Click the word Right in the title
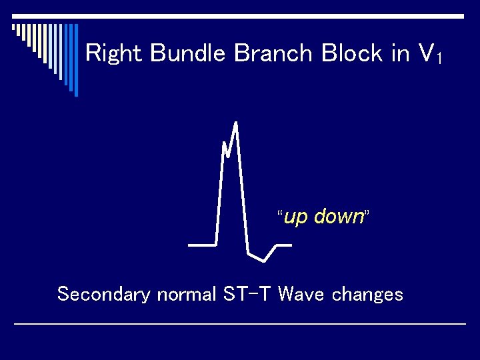click(x=115, y=54)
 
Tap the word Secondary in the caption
click(x=103, y=294)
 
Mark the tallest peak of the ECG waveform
click(x=236, y=123)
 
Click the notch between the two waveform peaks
click(x=228, y=156)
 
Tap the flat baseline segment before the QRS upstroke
click(x=202, y=245)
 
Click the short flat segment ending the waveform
click(x=283, y=245)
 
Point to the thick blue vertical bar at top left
click(x=75, y=60)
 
